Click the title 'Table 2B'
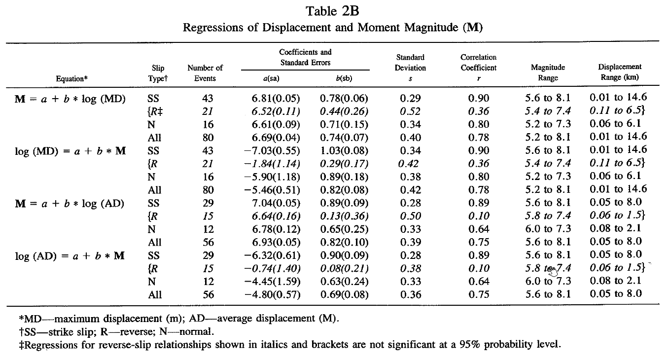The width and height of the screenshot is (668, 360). point(332,11)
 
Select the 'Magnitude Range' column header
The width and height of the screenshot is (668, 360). point(548,72)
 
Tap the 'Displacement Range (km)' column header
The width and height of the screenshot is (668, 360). point(620,72)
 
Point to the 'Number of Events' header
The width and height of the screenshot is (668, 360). point(205,73)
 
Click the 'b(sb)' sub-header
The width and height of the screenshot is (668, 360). point(344,78)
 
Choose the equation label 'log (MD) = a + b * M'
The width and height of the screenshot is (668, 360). point(70,151)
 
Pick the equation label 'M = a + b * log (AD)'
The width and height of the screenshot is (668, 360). point(70,204)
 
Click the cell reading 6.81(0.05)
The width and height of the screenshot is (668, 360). point(276,99)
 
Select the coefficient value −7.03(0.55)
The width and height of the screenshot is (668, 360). point(272,151)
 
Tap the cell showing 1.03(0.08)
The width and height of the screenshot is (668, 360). point(344,151)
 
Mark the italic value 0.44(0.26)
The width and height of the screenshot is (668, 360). point(344,111)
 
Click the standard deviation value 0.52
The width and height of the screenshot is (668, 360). point(410,111)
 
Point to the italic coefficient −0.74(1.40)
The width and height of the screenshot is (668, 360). point(272,269)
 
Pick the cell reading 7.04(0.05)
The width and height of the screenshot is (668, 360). point(276,203)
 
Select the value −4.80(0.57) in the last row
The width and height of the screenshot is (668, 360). point(272,295)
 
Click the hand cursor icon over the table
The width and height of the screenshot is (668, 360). point(552,271)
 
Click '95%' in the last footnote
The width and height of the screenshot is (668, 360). point(470,345)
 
